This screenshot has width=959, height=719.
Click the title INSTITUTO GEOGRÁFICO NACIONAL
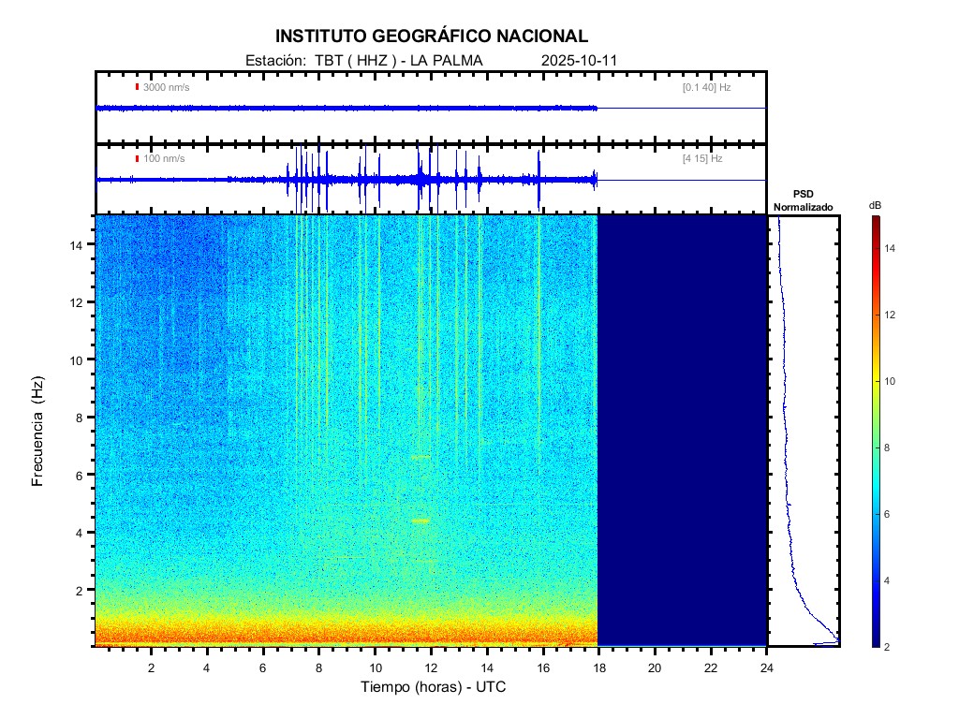(x=432, y=37)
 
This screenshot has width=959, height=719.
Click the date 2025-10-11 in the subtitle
(x=579, y=61)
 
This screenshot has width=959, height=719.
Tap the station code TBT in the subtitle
(x=328, y=61)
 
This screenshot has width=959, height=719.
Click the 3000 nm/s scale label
(x=166, y=87)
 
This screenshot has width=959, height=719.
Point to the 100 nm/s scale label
(x=163, y=159)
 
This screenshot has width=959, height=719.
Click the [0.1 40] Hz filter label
(x=706, y=87)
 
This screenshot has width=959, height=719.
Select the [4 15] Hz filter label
(x=702, y=159)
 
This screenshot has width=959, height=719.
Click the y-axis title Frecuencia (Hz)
(x=38, y=432)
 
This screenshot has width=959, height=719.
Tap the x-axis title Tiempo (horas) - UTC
(x=434, y=687)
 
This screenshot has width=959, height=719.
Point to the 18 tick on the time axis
(x=598, y=667)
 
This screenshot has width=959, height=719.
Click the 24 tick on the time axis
(x=767, y=667)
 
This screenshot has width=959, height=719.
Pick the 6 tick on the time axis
(x=263, y=667)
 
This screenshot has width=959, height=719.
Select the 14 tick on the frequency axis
(x=79, y=244)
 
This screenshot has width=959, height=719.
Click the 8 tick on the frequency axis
(x=82, y=418)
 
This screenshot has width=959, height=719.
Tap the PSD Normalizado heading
(x=804, y=200)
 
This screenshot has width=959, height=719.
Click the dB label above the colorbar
(x=875, y=205)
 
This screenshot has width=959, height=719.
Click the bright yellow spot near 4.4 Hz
(x=420, y=521)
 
